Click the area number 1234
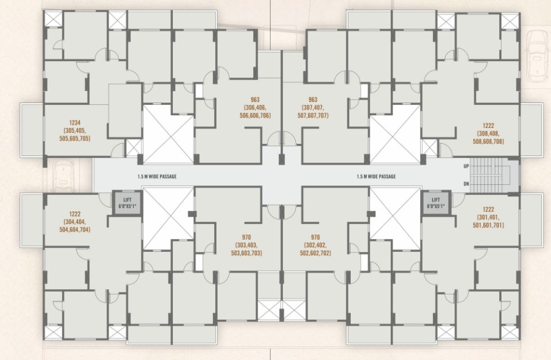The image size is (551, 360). point(75,123)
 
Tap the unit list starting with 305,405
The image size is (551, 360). point(75,135)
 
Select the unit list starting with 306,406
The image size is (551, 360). point(255,111)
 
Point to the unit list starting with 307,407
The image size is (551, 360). point(313,111)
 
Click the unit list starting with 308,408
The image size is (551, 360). point(488,138)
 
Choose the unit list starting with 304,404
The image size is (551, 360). point(75,226)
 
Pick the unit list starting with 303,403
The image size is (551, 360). point(246,249)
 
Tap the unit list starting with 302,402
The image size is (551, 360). point(315,249)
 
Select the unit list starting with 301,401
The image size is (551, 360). point(488,221)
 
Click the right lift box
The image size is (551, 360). point(436,203)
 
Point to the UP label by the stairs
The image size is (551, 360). point(466,166)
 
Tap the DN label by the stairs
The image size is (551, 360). point(466,184)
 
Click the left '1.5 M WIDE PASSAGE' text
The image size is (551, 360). point(157,176)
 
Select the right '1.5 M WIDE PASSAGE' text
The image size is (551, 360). point(376,176)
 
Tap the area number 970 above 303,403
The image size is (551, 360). point(246,237)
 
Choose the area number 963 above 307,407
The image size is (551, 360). point(313,100)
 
